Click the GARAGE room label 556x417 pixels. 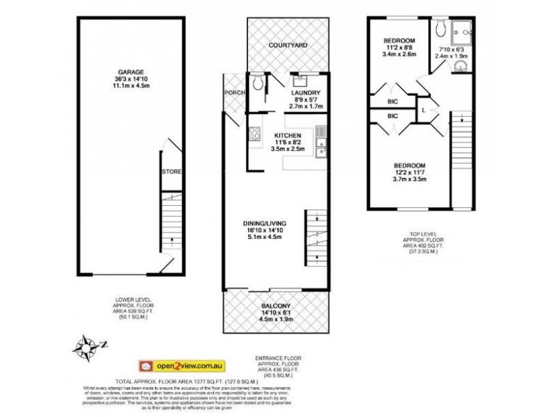[130, 71]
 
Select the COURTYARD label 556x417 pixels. [288, 46]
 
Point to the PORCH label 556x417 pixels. [231, 93]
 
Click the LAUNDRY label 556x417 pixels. [306, 92]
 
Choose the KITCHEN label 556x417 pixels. [288, 135]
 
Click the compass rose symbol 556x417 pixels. [88, 345]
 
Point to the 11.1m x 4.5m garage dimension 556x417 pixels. [130, 86]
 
